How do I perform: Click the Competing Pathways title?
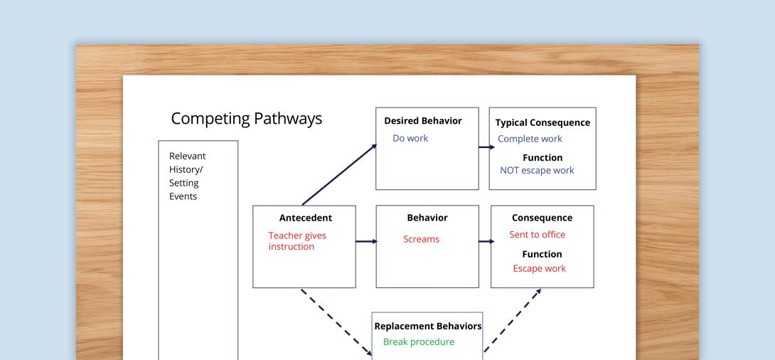point(247,119)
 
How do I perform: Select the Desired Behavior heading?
point(422,121)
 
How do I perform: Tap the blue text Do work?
point(410,137)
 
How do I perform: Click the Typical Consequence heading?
point(542,122)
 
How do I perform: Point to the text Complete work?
point(530,139)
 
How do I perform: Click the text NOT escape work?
point(537,171)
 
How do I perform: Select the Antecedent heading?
point(306,218)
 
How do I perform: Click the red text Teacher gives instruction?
point(297,241)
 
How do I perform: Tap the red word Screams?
point(421,239)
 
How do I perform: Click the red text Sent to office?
point(537,235)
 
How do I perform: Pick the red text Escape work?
point(539,268)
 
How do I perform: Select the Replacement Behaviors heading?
point(428,327)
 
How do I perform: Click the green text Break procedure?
point(418,342)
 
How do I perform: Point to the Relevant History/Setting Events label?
point(188,176)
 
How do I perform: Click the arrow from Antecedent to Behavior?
point(366,242)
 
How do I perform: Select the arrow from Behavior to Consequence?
point(486,242)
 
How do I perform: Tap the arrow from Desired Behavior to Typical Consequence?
point(486,147)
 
